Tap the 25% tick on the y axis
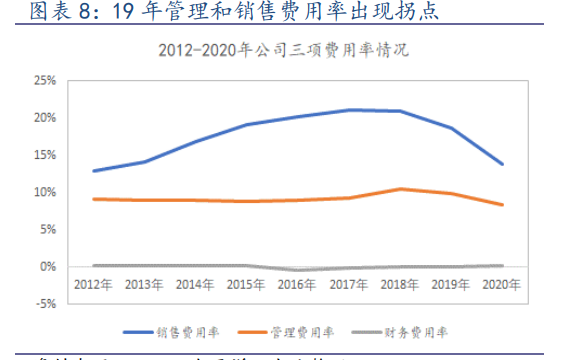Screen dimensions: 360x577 click(x=43, y=80)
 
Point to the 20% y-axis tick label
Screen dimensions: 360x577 click(x=43, y=117)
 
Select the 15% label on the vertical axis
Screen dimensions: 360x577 click(x=43, y=155)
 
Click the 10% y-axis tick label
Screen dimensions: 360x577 click(x=43, y=192)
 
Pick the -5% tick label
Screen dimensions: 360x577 click(x=43, y=304)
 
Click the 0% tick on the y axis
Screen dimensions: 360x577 click(x=47, y=267)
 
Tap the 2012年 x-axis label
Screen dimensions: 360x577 click(x=93, y=285)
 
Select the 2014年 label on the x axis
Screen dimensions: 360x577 click(x=196, y=285)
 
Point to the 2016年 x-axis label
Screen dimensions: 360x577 click(x=297, y=285)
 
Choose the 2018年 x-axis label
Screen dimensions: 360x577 click(x=399, y=285)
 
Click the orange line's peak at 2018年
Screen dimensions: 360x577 click(x=400, y=189)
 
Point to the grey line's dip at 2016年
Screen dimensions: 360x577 click(x=297, y=270)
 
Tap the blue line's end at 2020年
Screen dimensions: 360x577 click(x=502, y=164)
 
